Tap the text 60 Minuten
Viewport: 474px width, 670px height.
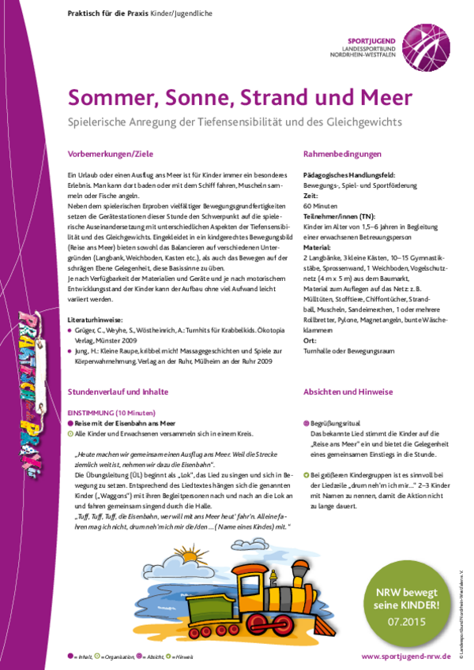coord(320,204)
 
